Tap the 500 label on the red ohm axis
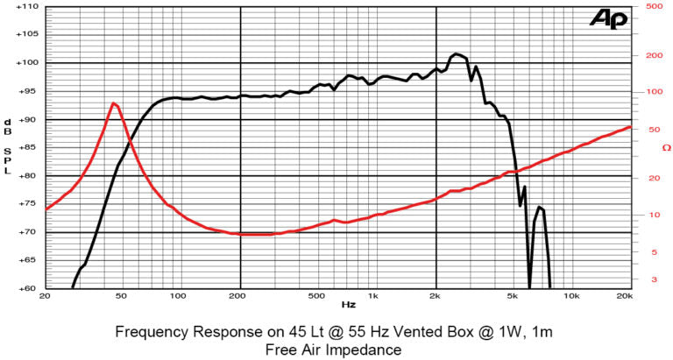click(652, 6)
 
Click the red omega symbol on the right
click(666, 147)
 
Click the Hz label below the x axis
click(349, 305)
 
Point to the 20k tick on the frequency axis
click(624, 296)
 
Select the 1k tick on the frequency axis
click(374, 296)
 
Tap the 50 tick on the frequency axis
click(121, 296)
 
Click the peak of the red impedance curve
click(114, 103)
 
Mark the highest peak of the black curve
click(457, 54)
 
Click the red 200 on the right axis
click(652, 55)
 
